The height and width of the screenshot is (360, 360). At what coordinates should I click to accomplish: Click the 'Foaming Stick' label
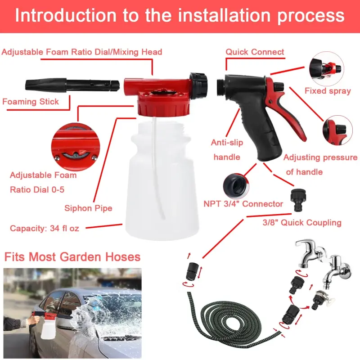(31, 102)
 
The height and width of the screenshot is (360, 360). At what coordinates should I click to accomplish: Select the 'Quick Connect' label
(255, 52)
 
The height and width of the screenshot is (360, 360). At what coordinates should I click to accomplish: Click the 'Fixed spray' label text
(327, 91)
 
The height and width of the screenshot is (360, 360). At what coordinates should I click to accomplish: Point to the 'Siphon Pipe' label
(88, 208)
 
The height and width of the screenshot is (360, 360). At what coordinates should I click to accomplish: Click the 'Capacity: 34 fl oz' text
(45, 228)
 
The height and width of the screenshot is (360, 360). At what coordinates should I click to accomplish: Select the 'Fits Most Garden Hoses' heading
(72, 257)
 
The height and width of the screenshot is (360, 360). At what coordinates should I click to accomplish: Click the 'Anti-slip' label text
(227, 143)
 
